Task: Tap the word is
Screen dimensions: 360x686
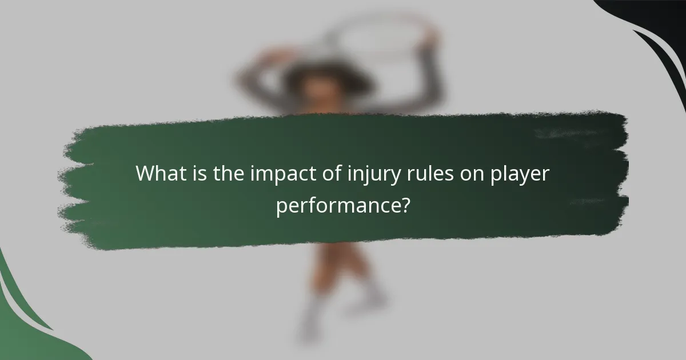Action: click(x=201, y=174)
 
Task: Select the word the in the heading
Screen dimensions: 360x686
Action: click(x=229, y=174)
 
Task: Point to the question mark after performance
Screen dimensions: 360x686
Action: click(x=405, y=205)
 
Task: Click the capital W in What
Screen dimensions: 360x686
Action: click(x=146, y=174)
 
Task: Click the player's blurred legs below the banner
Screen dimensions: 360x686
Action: click(x=337, y=286)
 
